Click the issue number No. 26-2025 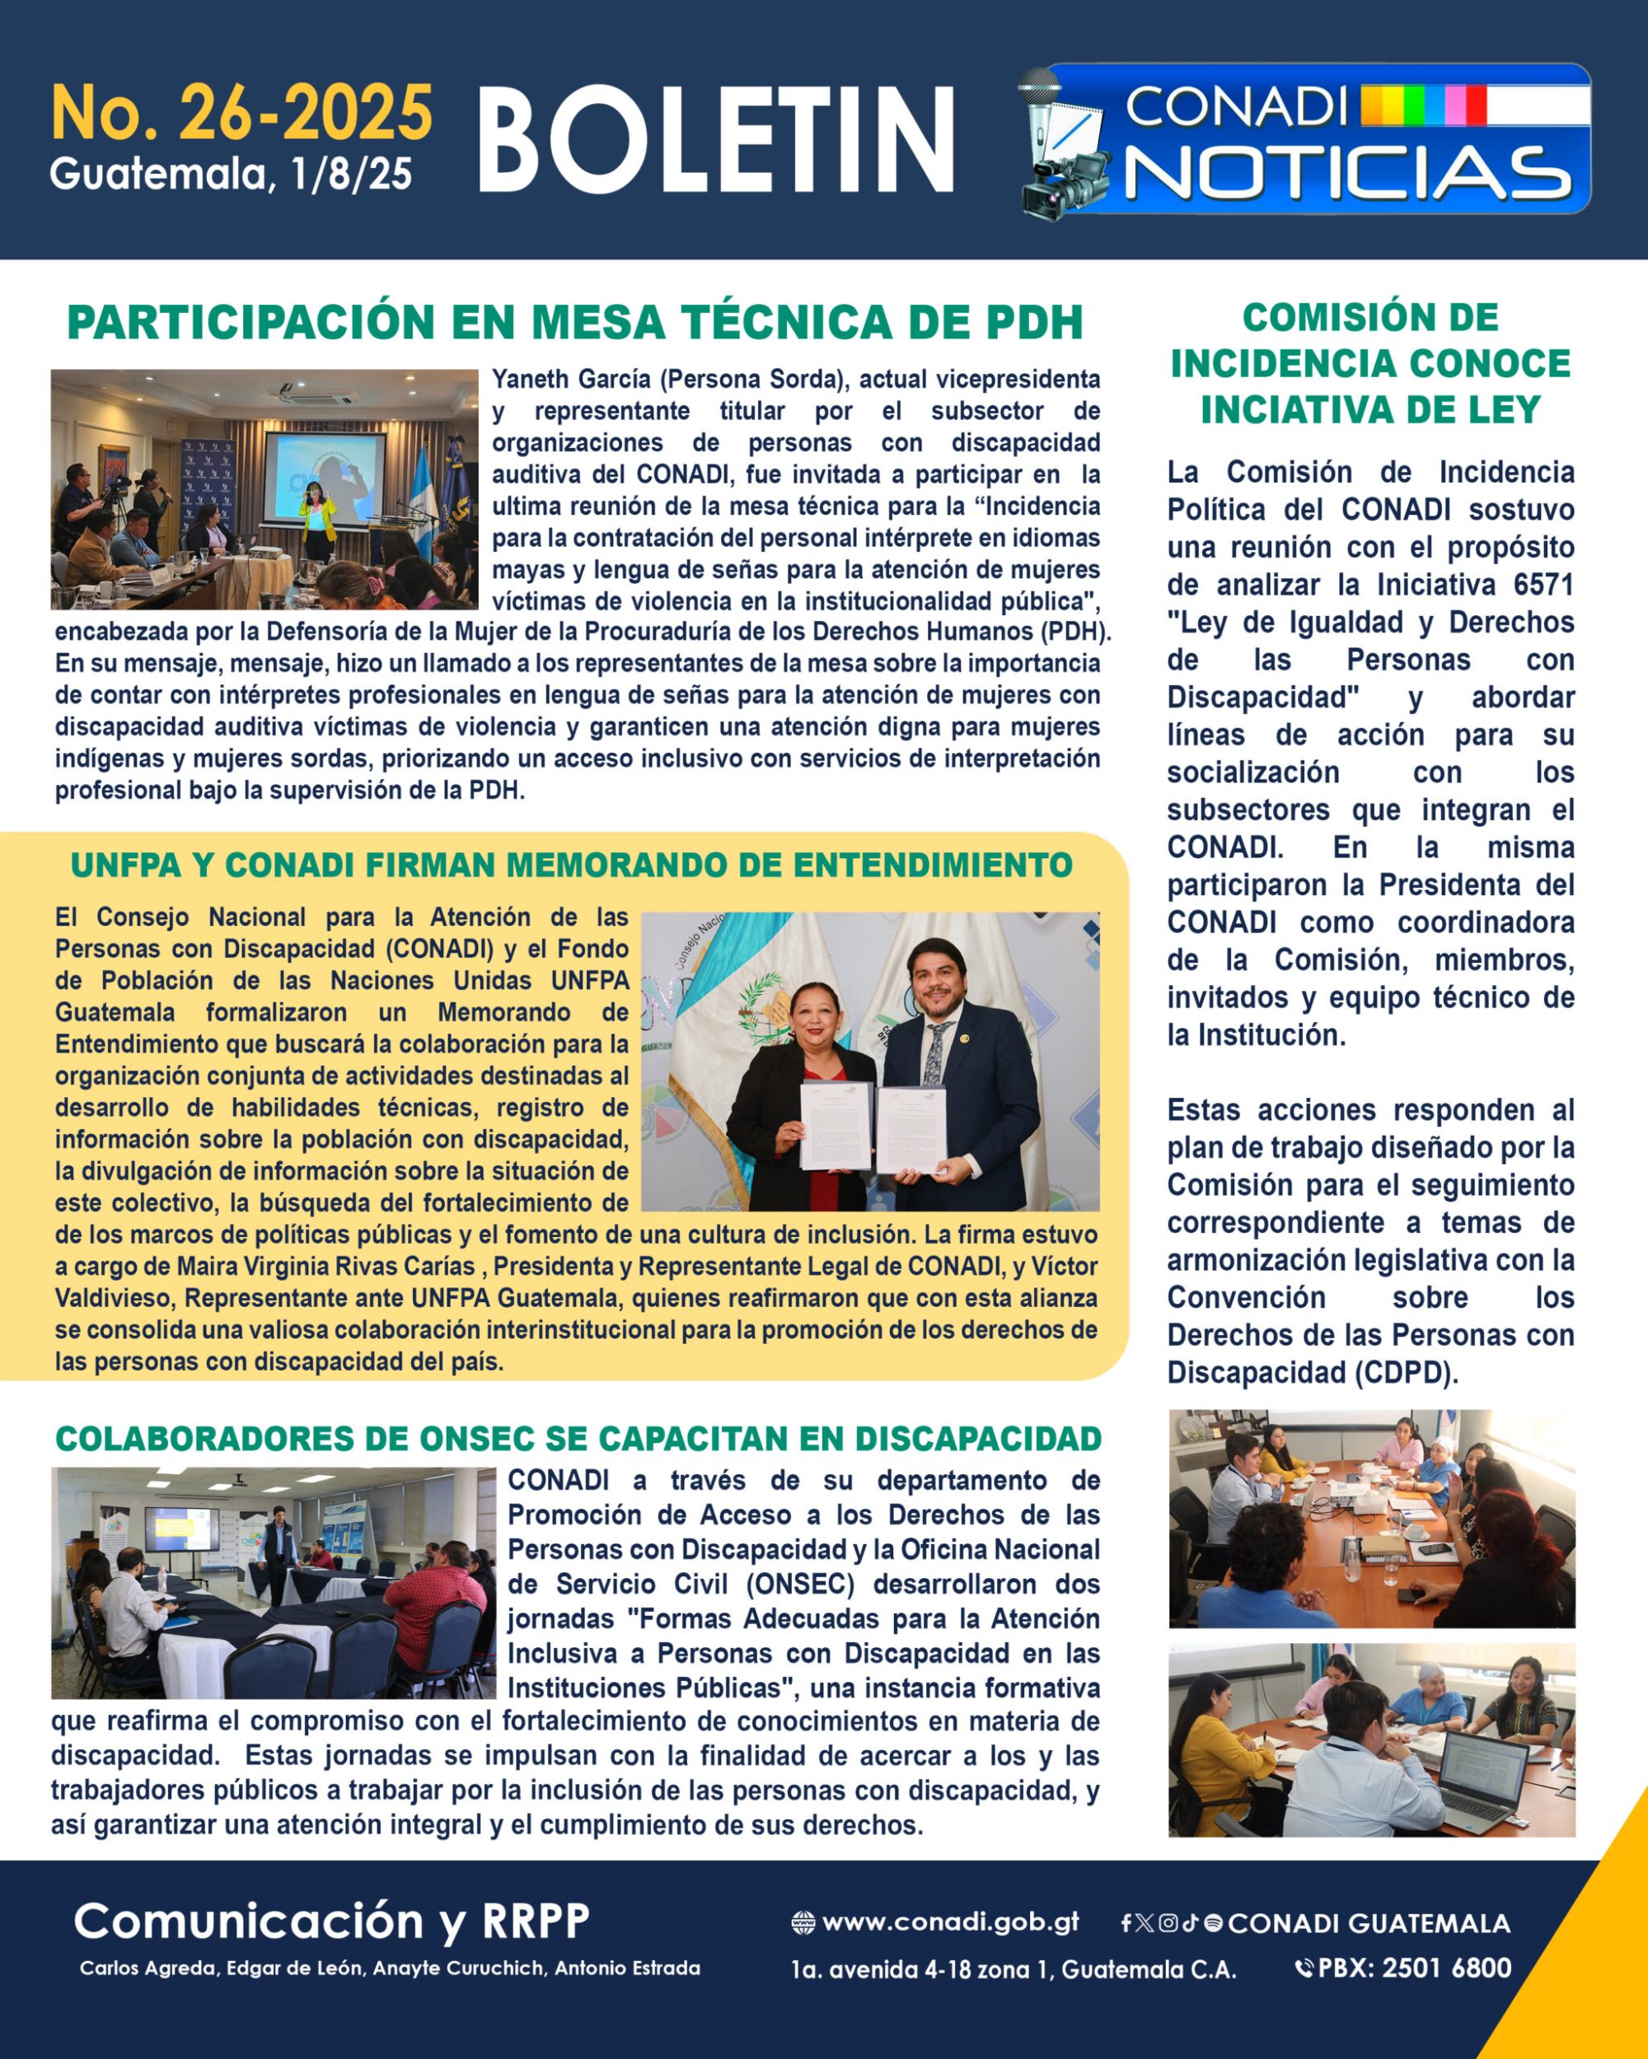(241, 113)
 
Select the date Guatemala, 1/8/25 (232, 174)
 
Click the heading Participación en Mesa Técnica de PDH (575, 323)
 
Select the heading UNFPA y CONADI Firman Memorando (571, 866)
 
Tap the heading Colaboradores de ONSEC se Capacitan (578, 1438)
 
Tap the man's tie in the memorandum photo (937, 1051)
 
